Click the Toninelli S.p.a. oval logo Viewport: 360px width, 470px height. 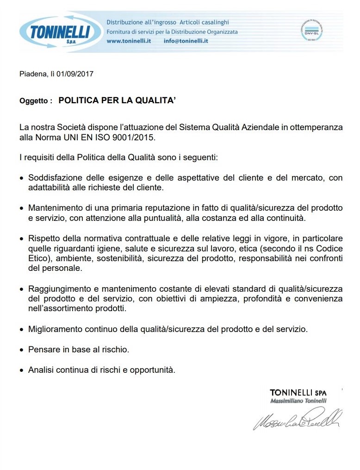(x=60, y=32)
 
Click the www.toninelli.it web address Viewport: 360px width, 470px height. (x=129, y=41)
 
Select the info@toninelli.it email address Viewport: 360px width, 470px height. (x=186, y=41)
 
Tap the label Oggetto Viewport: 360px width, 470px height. (x=34, y=100)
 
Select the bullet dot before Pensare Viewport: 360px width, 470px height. (x=22, y=350)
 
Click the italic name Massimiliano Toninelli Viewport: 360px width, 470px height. (x=298, y=401)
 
